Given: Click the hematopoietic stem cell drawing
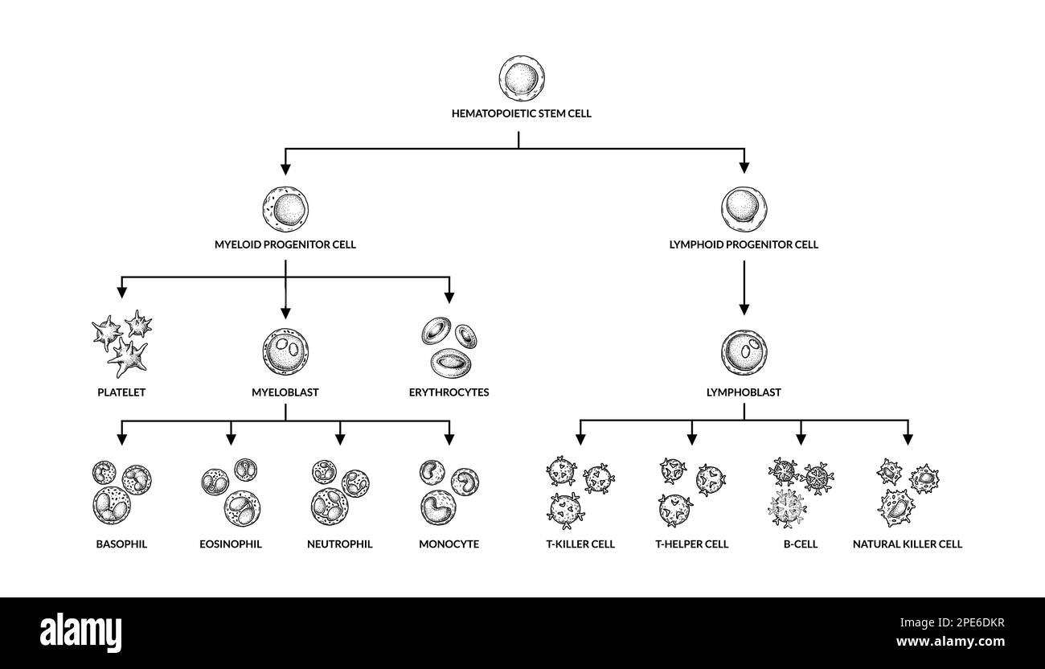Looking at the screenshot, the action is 522,78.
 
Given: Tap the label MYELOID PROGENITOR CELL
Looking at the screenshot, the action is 285,244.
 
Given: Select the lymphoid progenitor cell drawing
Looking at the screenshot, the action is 744,210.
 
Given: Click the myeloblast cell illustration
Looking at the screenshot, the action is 285,351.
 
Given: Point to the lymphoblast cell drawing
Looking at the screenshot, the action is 744,353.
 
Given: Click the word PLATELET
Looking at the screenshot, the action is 121,392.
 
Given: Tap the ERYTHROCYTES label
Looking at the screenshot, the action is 449,392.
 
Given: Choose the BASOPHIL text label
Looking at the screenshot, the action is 121,544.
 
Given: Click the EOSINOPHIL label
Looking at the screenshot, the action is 231,544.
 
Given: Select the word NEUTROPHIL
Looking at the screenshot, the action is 339,544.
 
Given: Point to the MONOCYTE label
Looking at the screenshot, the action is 449,544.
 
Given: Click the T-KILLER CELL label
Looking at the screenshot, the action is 580,544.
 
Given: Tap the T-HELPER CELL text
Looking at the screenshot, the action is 692,544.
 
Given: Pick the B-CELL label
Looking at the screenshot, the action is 801,544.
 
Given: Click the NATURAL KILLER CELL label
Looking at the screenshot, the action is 908,544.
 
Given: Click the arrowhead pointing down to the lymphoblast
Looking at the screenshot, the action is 744,310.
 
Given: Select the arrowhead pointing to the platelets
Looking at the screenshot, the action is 121,293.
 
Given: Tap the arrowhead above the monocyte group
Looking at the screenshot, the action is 449,440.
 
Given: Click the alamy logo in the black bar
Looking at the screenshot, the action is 80,633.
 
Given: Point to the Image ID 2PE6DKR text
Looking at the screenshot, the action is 952,623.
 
